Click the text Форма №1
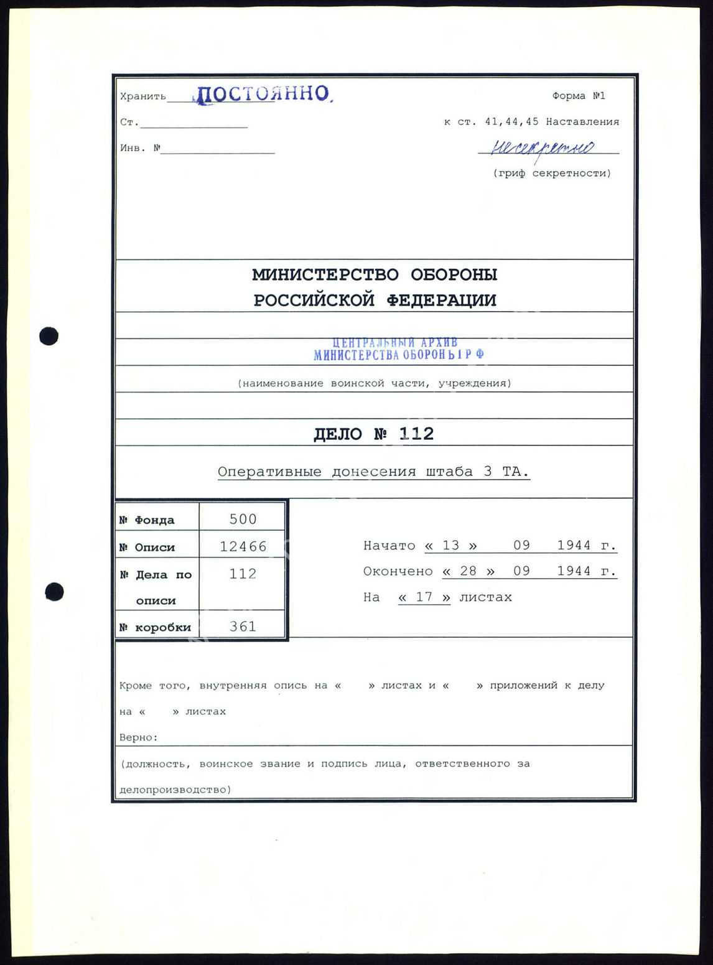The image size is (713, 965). (x=578, y=96)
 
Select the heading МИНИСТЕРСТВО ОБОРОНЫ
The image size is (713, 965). (x=375, y=274)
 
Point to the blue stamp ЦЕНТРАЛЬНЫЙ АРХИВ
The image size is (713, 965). (x=396, y=343)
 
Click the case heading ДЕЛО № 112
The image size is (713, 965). (x=373, y=434)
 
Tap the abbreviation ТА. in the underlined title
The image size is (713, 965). (x=515, y=472)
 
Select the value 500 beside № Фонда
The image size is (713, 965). (x=243, y=519)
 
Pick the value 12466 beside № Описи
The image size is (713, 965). (x=243, y=546)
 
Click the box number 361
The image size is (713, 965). (x=243, y=627)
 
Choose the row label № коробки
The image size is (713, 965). (x=156, y=627)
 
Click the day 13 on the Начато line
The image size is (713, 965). (x=450, y=546)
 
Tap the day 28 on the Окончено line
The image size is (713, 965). (x=468, y=571)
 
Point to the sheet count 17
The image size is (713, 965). (x=424, y=597)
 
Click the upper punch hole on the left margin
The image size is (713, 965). (x=49, y=336)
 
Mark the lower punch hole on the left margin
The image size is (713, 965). (x=54, y=591)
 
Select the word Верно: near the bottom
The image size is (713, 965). (x=139, y=737)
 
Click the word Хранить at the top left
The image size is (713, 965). (x=143, y=96)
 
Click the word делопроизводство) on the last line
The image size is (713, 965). (x=175, y=790)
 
